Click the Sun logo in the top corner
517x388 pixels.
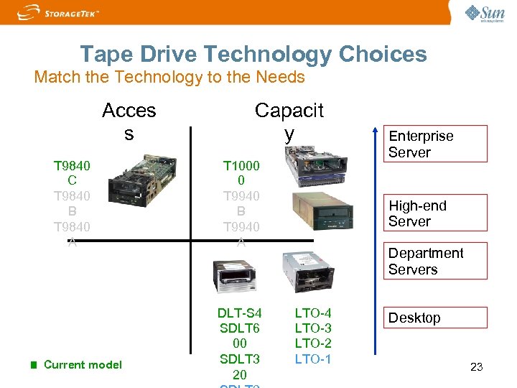click(484, 14)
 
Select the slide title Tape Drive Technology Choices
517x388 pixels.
click(253, 54)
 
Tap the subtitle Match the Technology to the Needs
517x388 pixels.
click(169, 78)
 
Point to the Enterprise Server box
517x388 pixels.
click(437, 144)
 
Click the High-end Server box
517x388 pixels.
click(437, 213)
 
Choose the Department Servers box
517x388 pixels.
click(437, 261)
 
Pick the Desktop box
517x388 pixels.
click(437, 318)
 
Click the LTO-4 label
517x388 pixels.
click(313, 313)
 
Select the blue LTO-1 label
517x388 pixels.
click(313, 358)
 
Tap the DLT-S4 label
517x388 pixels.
click(240, 313)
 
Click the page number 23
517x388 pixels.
click(476, 367)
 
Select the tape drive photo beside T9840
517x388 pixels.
click(141, 185)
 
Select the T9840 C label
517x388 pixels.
click(72, 173)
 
